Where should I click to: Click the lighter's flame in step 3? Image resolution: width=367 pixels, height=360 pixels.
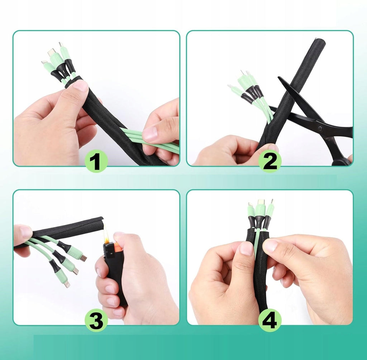[x=106, y=235]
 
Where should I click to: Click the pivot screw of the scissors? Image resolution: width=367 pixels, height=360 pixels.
[x=320, y=128]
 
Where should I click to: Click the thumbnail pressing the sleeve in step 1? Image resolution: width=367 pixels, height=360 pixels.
[x=80, y=85]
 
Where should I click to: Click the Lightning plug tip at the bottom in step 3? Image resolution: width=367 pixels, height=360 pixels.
[x=67, y=284]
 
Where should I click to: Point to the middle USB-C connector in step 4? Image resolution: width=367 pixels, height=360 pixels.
[x=260, y=203]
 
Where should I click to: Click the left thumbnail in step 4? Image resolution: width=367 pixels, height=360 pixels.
[x=247, y=248]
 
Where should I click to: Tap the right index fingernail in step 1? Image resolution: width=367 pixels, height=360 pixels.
[x=150, y=133]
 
